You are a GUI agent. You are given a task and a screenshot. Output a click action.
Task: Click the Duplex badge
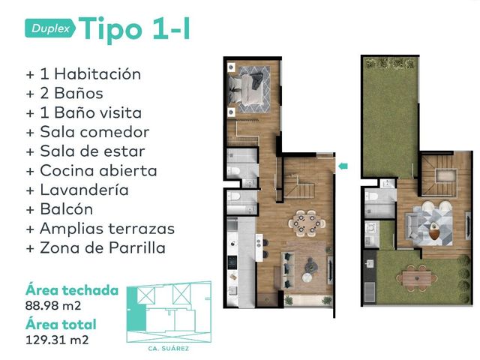(x=50, y=28)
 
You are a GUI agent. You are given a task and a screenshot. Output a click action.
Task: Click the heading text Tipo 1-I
(x=134, y=28)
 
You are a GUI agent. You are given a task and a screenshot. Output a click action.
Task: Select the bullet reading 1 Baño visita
(x=84, y=112)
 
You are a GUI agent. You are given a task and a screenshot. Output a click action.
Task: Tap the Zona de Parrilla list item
(x=96, y=247)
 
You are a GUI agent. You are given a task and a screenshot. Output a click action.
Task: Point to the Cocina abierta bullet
(x=91, y=170)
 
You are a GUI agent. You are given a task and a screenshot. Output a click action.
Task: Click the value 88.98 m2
(x=53, y=305)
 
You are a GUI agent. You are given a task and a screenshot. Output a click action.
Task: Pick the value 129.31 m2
(x=57, y=340)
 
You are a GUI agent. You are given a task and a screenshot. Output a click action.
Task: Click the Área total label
(x=61, y=324)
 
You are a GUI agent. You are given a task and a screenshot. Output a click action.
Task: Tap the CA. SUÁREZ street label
(x=168, y=348)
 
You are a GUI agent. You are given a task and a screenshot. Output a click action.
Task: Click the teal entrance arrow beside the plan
(x=343, y=166)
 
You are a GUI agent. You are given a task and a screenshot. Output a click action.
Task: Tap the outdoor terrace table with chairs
(x=417, y=278)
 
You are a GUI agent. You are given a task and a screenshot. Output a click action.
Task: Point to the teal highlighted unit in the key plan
(x=136, y=309)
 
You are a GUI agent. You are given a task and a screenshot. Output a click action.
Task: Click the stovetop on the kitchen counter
(x=232, y=262)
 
